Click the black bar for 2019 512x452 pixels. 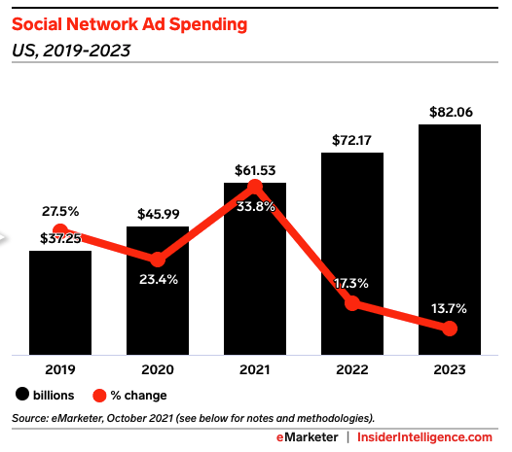point(60,302)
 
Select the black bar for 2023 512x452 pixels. point(450,239)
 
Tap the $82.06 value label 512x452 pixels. point(451,112)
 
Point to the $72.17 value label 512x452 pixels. point(351,140)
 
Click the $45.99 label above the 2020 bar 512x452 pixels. point(159,214)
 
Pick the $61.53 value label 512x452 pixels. point(255,170)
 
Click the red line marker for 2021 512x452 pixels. point(255,187)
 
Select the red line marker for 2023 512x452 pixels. point(450,329)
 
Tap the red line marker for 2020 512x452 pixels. point(158,260)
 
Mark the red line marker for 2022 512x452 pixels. point(352,303)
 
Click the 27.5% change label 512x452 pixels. point(60,212)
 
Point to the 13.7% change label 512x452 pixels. point(449,308)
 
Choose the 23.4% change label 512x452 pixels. point(159,280)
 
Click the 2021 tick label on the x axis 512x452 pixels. point(255,369)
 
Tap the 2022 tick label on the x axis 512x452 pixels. point(352,369)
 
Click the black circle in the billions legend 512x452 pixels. point(22,394)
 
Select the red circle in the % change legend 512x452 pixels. point(99,396)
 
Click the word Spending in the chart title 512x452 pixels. point(208,24)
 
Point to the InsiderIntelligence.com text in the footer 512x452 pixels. point(424,437)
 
